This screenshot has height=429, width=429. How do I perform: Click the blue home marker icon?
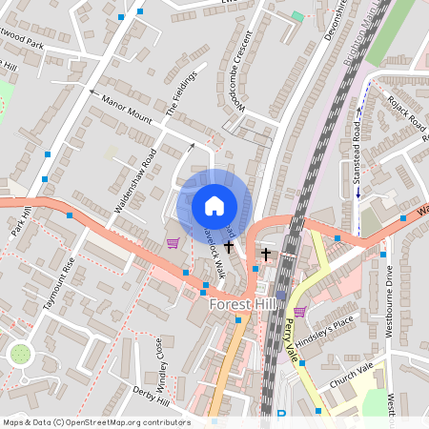[214, 205]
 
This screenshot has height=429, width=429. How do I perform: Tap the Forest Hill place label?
[243, 305]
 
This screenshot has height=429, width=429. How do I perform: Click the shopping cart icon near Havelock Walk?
[173, 242]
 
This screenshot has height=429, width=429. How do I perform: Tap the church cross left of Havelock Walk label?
[229, 246]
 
